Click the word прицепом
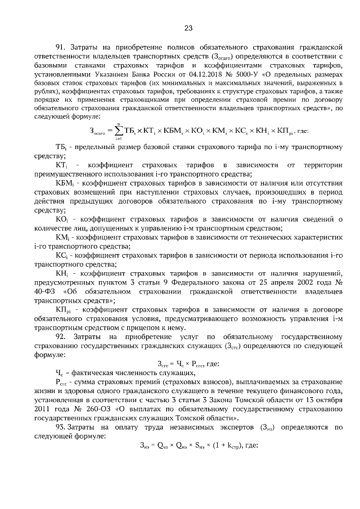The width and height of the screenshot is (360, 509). click(152, 327)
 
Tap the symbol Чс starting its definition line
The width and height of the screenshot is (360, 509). click(60, 373)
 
